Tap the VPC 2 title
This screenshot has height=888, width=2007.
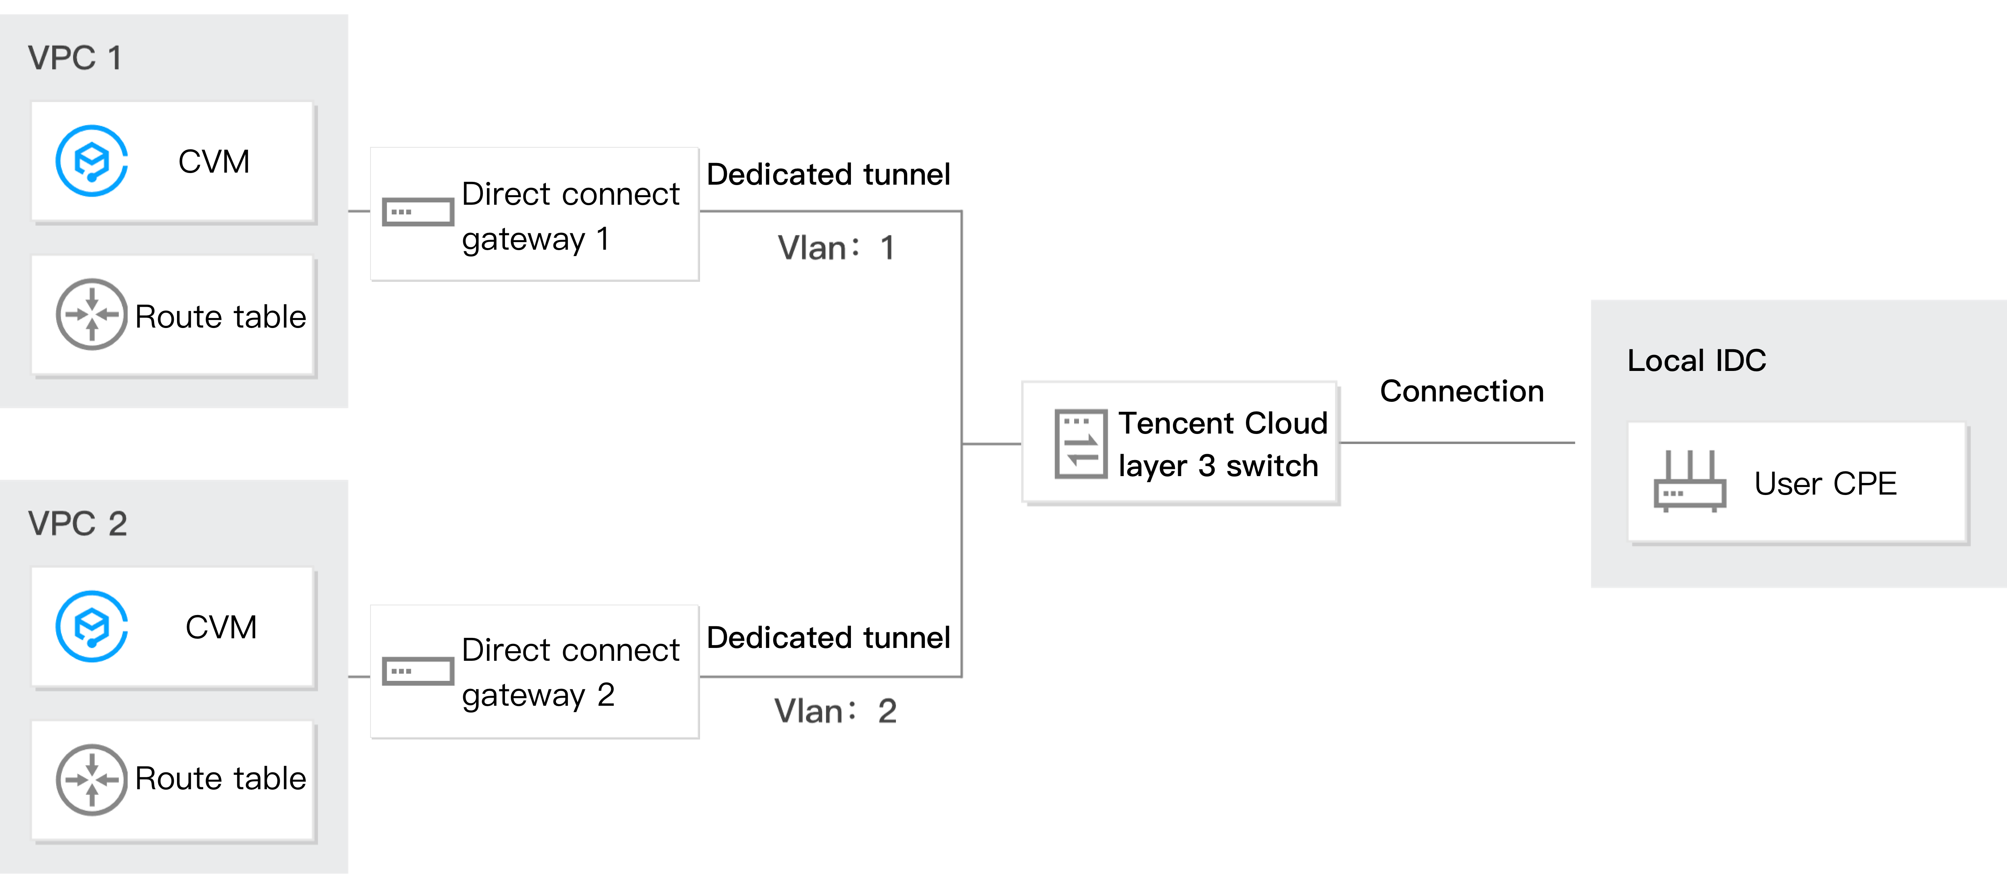tap(77, 523)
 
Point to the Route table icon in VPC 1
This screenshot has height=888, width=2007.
tap(91, 315)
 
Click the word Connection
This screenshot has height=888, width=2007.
tap(1461, 391)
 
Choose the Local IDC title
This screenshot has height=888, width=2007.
tap(1696, 360)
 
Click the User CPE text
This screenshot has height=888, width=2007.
tap(1825, 484)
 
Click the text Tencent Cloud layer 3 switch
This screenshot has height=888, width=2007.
tap(1221, 444)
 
